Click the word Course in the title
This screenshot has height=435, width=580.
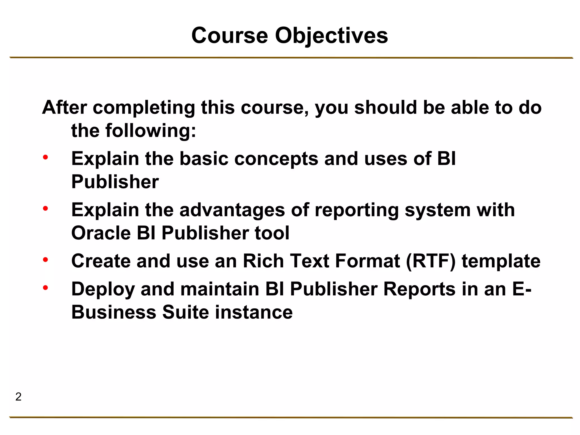229,36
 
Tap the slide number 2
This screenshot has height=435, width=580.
18,397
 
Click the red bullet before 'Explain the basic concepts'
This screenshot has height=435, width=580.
45,157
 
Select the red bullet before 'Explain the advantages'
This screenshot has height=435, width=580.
45,209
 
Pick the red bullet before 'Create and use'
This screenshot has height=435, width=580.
45,259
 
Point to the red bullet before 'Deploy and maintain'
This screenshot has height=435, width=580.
45,288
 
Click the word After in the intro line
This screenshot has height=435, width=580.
64,108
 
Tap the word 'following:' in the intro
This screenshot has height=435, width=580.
151,131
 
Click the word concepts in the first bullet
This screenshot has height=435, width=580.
276,159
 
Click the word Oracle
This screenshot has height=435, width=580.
101,233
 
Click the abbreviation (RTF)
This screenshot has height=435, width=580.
431,261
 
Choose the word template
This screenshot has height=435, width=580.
501,261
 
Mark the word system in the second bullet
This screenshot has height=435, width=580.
438,210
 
